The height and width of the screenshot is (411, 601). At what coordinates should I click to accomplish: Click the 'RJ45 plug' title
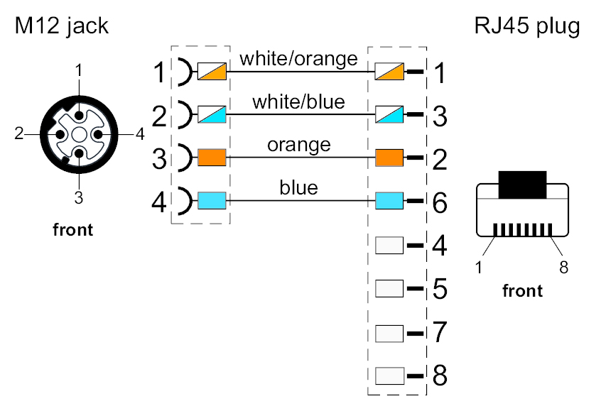(x=527, y=27)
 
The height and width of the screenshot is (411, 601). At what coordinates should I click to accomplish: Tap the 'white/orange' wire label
(x=298, y=58)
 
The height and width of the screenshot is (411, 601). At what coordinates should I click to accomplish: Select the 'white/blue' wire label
(x=298, y=102)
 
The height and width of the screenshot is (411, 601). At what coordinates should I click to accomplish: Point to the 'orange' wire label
(x=298, y=145)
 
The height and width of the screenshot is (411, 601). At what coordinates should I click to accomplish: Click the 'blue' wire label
(x=298, y=188)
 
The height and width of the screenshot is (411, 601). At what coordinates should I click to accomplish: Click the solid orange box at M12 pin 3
(x=212, y=158)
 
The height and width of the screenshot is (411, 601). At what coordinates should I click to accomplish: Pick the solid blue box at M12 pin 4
(x=212, y=201)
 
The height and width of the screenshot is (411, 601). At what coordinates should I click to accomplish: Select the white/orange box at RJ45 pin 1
(x=389, y=71)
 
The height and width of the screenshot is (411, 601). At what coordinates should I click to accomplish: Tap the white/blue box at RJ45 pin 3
(x=389, y=114)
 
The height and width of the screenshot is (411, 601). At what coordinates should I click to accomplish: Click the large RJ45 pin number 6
(x=440, y=203)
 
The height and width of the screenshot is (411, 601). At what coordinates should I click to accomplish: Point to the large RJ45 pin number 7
(x=440, y=332)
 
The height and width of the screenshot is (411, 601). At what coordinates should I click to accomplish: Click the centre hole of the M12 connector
(x=80, y=133)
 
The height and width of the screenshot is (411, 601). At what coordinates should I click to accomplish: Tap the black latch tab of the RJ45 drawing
(x=522, y=184)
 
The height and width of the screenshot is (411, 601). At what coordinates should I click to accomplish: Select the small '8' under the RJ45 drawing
(x=563, y=267)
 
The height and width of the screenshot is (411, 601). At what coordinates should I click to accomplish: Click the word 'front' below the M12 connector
(x=73, y=230)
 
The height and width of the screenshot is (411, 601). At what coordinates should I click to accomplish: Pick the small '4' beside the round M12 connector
(x=140, y=133)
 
